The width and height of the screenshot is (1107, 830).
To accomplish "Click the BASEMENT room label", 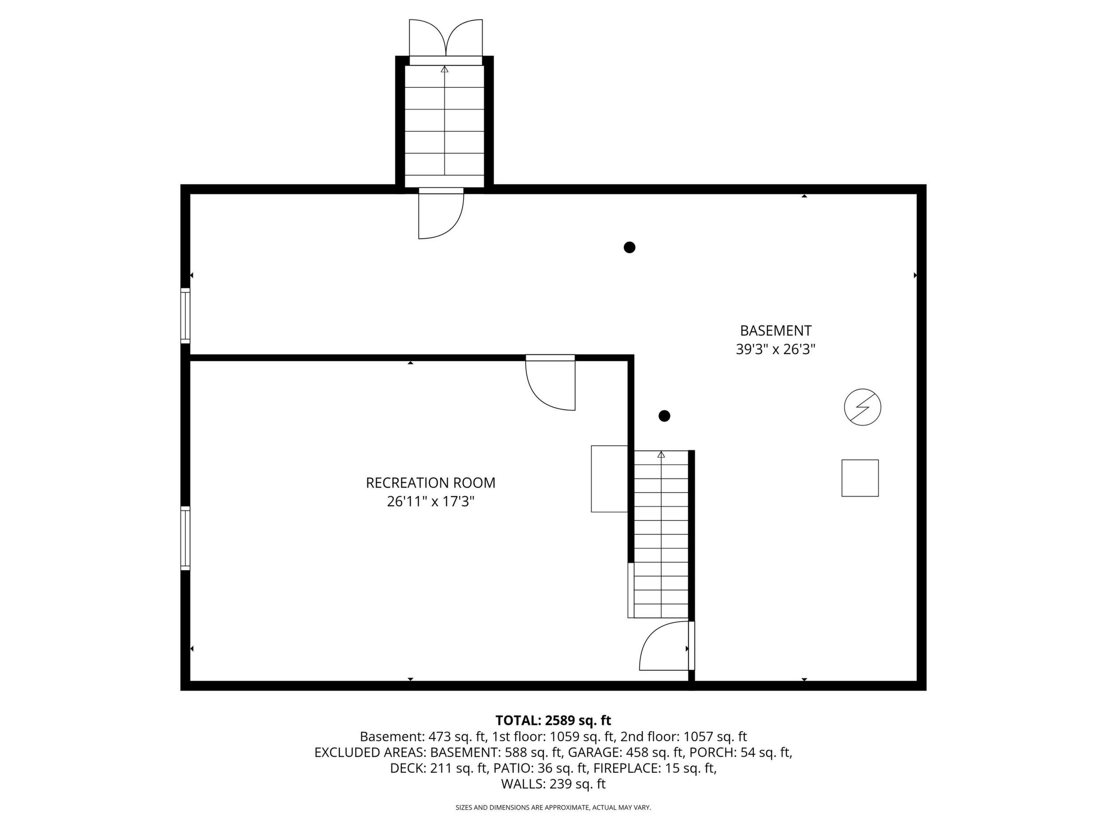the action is point(775,331).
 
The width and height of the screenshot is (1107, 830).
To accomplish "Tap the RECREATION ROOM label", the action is point(430,483).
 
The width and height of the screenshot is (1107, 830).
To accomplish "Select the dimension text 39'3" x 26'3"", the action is point(775,349).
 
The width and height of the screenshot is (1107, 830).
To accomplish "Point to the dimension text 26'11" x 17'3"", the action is point(430,501).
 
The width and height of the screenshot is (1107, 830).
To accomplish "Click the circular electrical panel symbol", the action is point(862,407).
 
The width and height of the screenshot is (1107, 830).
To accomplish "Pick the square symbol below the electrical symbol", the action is point(860,478).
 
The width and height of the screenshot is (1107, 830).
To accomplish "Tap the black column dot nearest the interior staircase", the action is point(664,416).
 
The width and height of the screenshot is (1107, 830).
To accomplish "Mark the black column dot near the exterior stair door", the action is point(630,247).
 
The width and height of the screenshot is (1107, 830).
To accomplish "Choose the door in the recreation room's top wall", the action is point(550,383).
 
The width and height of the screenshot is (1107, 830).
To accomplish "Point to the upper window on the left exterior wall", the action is point(185,316).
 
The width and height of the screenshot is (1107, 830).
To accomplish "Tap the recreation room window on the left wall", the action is point(185,538).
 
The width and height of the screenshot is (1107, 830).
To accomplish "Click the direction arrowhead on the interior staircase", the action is point(661,455).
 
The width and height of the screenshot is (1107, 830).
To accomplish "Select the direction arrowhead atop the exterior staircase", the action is point(444,69).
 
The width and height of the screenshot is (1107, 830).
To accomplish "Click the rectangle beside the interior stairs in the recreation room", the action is point(609,479).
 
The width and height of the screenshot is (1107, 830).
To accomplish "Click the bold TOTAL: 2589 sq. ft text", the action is point(553,720).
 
